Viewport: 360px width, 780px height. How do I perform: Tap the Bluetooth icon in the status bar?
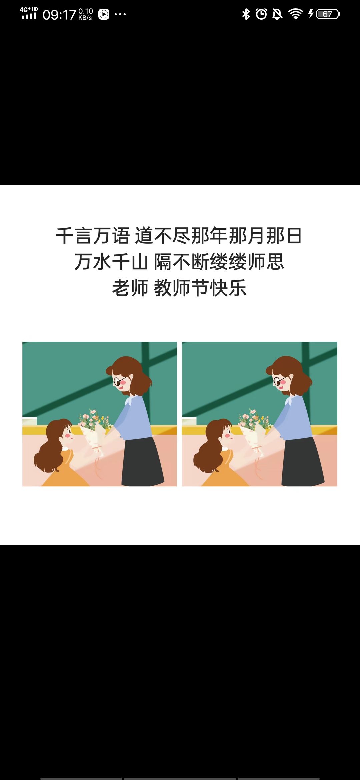(x=246, y=14)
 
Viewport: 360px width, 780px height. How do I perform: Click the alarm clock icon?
(x=261, y=14)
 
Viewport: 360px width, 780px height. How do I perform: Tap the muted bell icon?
(x=277, y=14)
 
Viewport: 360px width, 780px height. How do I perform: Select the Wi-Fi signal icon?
(x=295, y=14)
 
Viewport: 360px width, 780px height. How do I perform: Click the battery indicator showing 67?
(x=328, y=14)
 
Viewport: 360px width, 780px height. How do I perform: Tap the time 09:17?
(x=59, y=15)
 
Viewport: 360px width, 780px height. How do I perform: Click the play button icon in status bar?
(x=104, y=14)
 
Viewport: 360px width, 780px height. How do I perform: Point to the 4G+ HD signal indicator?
(x=29, y=13)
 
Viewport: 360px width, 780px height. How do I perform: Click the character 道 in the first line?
(x=144, y=236)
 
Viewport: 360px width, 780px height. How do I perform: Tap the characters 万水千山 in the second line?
(x=111, y=262)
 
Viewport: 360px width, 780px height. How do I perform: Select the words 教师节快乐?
(x=200, y=288)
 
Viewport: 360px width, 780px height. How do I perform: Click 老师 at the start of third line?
(x=130, y=288)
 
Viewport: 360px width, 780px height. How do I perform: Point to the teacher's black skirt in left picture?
(x=143, y=462)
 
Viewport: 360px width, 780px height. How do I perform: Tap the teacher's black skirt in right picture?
(x=303, y=462)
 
